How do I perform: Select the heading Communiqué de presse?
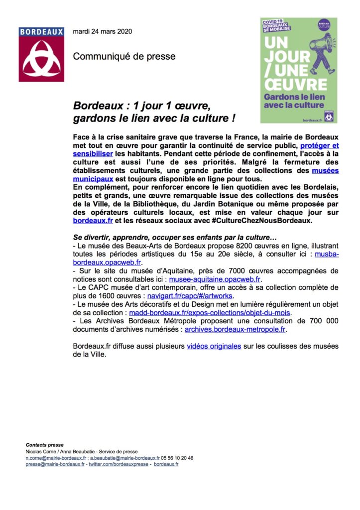124,57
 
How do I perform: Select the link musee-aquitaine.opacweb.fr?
212,280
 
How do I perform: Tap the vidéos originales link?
214,347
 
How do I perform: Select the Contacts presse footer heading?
45,445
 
